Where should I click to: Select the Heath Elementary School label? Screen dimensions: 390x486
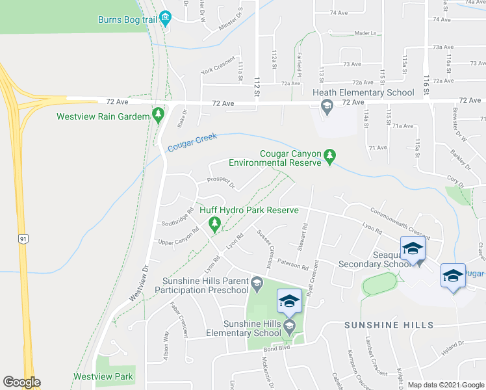pyautogui.click(x=363, y=92)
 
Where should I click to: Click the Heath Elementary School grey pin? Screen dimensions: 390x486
pyautogui.click(x=327, y=107)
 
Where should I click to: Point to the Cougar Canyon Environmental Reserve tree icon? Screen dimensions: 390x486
pyautogui.click(x=330, y=155)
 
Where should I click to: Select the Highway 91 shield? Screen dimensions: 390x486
pyautogui.click(x=23, y=239)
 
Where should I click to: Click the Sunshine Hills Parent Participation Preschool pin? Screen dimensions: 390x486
pyautogui.click(x=257, y=282)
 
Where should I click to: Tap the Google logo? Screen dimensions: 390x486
pyautogui.click(x=21, y=382)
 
